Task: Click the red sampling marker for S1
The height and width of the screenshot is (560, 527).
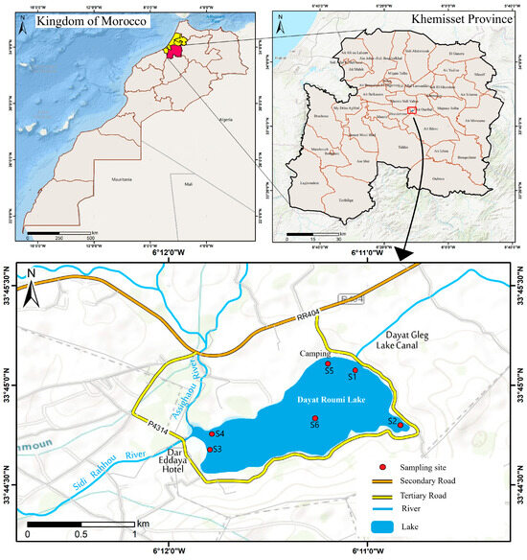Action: (355, 370)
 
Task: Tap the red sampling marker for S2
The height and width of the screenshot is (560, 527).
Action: (401, 426)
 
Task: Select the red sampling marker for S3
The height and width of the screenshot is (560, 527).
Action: (210, 449)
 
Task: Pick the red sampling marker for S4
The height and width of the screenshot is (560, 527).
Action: (211, 434)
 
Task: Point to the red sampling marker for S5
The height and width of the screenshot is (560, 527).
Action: (328, 364)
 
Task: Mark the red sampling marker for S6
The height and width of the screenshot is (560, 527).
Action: (314, 418)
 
